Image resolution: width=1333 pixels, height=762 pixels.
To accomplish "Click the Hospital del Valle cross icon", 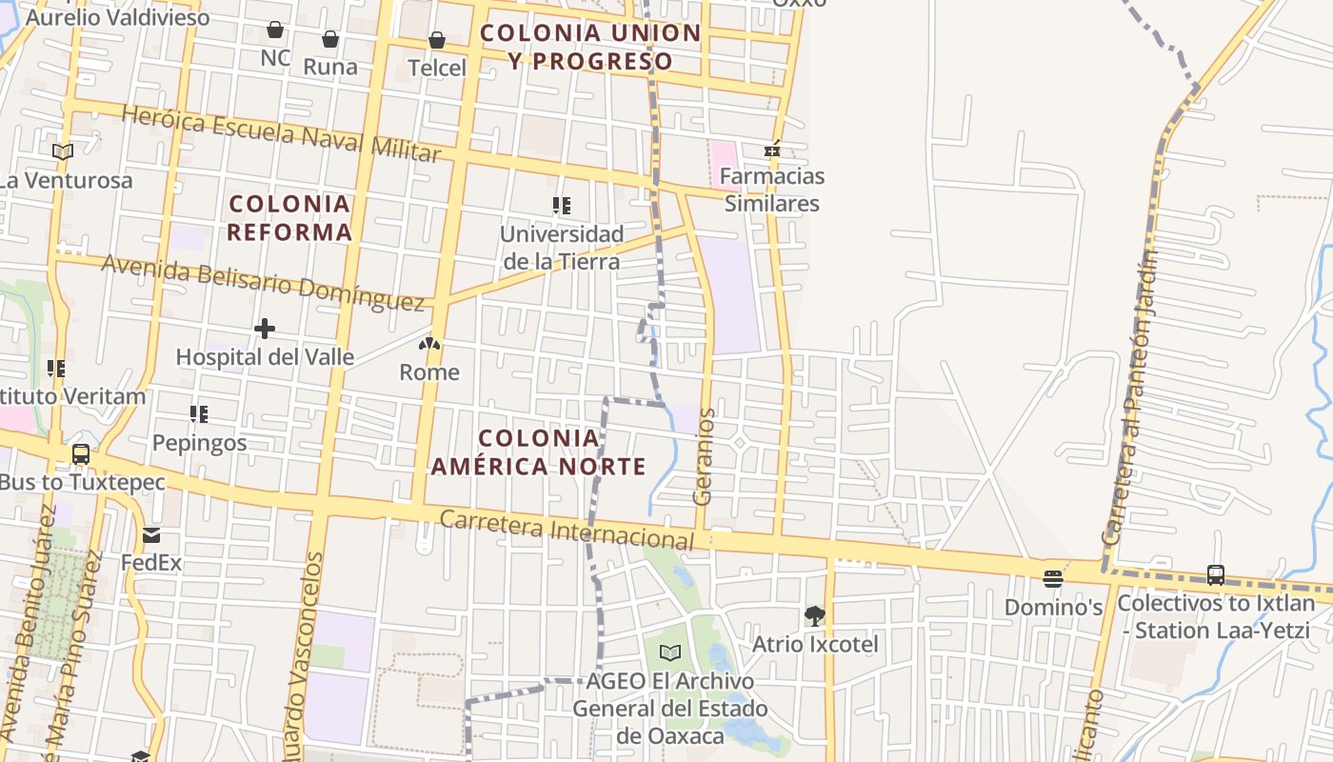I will coord(265,330).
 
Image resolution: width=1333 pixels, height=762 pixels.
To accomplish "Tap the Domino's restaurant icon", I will coord(1052,578).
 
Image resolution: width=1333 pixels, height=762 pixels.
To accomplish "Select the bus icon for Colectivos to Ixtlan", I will coord(1216,574).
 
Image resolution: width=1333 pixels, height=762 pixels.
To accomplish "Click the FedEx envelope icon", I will coord(151,534).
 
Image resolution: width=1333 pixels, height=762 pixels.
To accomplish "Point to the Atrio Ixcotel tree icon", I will coord(814,616).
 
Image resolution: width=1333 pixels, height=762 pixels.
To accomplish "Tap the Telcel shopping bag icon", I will coord(436,40).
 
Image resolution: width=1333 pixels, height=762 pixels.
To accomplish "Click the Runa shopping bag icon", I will coord(329,39).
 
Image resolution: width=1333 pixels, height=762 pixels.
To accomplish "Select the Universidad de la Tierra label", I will coord(562,248).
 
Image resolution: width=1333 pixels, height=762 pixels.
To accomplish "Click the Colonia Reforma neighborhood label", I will coord(289,217).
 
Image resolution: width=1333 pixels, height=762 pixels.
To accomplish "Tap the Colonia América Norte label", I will coord(539,452).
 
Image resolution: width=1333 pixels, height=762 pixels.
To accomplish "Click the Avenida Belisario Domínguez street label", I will coord(263,282).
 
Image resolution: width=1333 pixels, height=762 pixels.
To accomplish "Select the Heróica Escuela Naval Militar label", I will coord(282,132).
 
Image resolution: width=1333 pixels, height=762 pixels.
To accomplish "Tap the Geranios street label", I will coord(705,457).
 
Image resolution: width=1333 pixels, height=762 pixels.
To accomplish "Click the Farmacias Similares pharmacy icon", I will coord(773,150).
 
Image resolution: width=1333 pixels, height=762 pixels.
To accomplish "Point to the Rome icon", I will coord(429,344).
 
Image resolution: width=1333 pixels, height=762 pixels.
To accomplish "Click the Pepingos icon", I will coord(198,414).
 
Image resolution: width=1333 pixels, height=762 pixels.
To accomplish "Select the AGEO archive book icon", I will coord(670,652).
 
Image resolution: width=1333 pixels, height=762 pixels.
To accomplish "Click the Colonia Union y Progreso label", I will coord(590,47).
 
